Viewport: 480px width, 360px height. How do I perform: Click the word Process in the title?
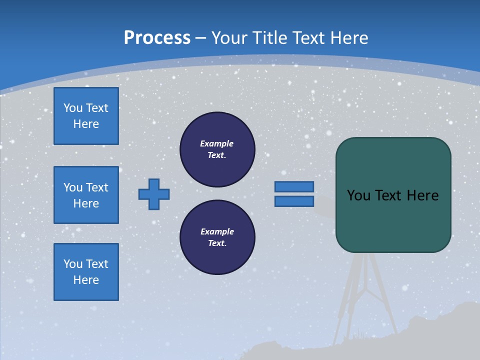157,37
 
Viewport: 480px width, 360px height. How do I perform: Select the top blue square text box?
86,116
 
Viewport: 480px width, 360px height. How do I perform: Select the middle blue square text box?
86,195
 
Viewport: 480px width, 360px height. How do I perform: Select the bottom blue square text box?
86,272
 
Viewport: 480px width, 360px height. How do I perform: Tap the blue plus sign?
154,194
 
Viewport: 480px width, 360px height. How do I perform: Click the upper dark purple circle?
217,149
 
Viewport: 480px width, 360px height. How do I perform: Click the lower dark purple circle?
217,237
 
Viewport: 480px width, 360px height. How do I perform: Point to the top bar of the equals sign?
294,186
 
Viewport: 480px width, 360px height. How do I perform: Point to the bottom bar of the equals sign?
294,201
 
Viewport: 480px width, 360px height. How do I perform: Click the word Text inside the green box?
390,195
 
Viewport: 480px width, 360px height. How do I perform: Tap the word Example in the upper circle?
216,143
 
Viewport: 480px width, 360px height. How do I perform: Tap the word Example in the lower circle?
217,231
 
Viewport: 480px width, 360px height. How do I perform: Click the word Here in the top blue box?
86,124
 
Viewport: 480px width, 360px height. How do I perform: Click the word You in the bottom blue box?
73,264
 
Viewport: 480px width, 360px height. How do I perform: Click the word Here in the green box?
422,195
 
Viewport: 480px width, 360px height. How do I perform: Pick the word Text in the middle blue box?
97,187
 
